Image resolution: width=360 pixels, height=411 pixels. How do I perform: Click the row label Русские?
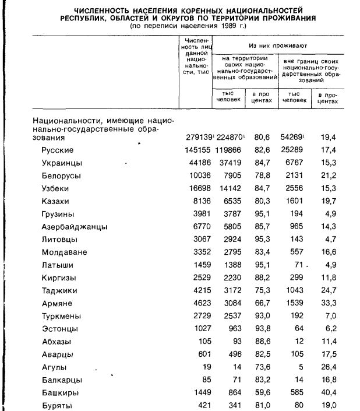click(x=58, y=150)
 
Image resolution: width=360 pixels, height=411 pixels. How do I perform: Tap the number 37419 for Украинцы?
click(x=230, y=163)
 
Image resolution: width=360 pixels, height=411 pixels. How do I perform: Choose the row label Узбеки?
click(x=55, y=189)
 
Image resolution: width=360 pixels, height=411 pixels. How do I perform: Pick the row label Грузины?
click(x=57, y=215)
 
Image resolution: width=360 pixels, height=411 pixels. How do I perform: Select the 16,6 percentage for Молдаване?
click(x=329, y=252)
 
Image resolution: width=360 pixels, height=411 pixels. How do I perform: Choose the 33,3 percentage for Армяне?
click(x=329, y=303)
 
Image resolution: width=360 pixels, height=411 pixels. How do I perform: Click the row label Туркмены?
click(x=61, y=316)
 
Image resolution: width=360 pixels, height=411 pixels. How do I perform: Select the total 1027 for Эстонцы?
click(x=200, y=329)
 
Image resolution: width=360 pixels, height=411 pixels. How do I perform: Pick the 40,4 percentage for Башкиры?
click(x=329, y=393)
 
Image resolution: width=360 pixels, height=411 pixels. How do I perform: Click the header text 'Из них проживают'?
click(x=277, y=45)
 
